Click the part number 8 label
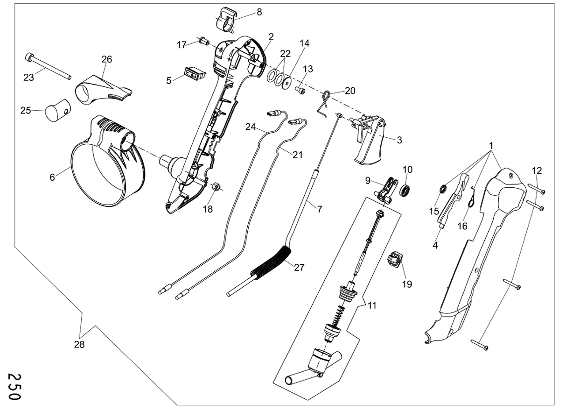[259, 12]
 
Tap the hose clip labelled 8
[227, 21]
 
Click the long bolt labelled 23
[48, 66]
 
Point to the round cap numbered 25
[58, 110]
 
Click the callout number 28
[79, 344]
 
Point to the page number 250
[14, 386]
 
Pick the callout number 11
[372, 305]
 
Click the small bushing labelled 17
[204, 41]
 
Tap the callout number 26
[107, 59]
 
